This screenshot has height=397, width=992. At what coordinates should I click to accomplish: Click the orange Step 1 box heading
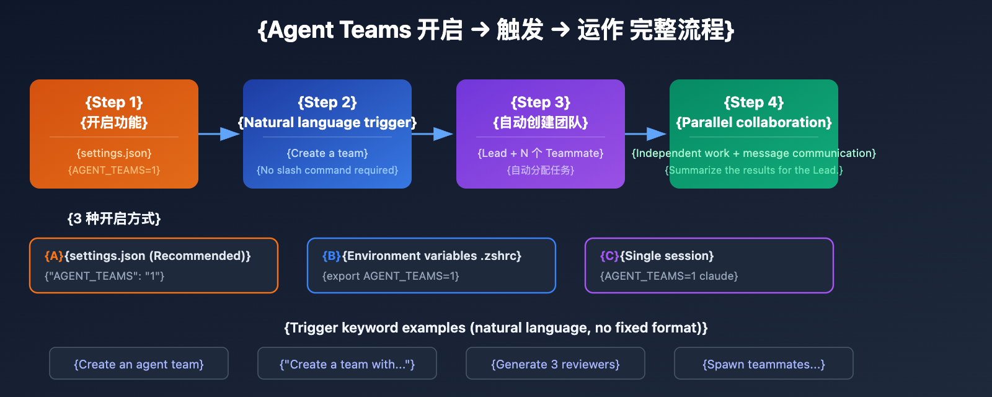click(114, 102)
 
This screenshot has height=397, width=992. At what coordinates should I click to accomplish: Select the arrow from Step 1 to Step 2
click(220, 133)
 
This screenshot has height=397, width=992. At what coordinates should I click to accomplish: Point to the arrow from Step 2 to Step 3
click(433, 133)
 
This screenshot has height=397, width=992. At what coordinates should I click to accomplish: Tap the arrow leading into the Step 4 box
click(647, 133)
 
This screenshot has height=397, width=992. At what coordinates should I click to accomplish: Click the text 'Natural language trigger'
click(327, 122)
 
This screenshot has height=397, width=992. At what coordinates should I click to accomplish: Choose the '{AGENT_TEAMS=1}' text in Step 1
click(114, 170)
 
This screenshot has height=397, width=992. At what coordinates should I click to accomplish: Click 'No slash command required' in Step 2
click(327, 170)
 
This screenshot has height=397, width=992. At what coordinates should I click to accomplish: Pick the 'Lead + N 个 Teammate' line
click(541, 153)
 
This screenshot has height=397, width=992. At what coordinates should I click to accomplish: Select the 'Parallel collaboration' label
click(754, 122)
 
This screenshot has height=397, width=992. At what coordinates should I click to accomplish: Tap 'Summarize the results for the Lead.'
click(754, 170)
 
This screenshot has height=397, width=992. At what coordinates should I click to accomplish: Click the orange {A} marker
click(54, 256)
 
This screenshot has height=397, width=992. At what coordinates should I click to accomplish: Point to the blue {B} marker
click(332, 256)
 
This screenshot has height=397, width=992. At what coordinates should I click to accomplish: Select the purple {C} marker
click(609, 256)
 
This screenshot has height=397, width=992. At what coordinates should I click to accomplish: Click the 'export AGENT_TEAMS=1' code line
click(391, 276)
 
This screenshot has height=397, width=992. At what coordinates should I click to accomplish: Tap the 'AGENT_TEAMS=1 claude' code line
click(669, 276)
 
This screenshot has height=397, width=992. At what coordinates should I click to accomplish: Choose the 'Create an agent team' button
click(139, 364)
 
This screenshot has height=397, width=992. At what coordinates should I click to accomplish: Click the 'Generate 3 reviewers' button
click(556, 364)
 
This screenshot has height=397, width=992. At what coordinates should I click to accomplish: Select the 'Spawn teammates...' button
click(764, 364)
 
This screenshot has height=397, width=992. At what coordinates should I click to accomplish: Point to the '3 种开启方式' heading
click(114, 218)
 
